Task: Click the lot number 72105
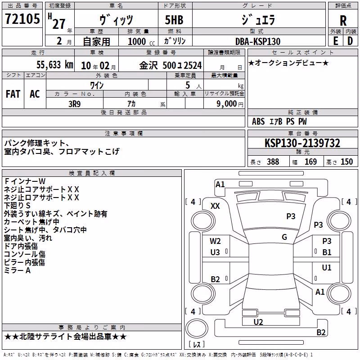tap(22, 18)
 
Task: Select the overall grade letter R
tap(343, 20)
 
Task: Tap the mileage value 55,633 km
tap(55, 65)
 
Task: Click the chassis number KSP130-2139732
tap(302, 143)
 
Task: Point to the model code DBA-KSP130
tap(258, 41)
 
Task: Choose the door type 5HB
tap(174, 20)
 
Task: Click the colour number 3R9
tap(75, 104)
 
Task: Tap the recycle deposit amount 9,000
tap(227, 104)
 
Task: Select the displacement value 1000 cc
tap(141, 41)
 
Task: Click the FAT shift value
tap(13, 94)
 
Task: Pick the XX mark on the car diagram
tap(215, 206)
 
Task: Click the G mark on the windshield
tap(284, 237)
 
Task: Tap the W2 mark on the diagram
tap(215, 241)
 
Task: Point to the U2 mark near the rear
tap(258, 322)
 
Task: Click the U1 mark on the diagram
tap(327, 267)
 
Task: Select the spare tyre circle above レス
tap(197, 328)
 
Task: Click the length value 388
tap(273, 162)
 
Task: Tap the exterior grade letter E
tap(335, 41)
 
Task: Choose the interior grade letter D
tap(350, 41)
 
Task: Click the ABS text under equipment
tap(258, 121)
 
